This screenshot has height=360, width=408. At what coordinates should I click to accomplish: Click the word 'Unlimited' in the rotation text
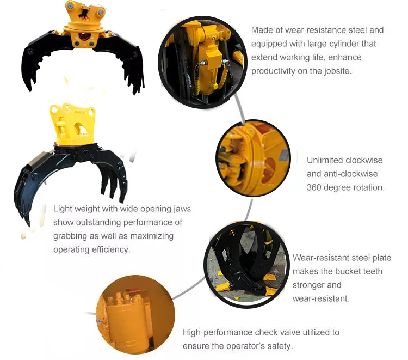point(325,160)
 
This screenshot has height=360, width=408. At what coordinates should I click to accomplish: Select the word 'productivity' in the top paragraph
point(273,71)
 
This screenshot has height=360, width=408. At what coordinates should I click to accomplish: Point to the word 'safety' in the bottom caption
point(279,346)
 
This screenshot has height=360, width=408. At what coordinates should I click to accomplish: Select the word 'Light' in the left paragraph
point(62,209)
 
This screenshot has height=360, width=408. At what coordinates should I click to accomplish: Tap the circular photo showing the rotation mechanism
point(253,158)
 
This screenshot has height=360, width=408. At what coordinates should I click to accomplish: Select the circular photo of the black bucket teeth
point(246,265)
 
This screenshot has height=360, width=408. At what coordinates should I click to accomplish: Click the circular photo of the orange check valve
point(135,315)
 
